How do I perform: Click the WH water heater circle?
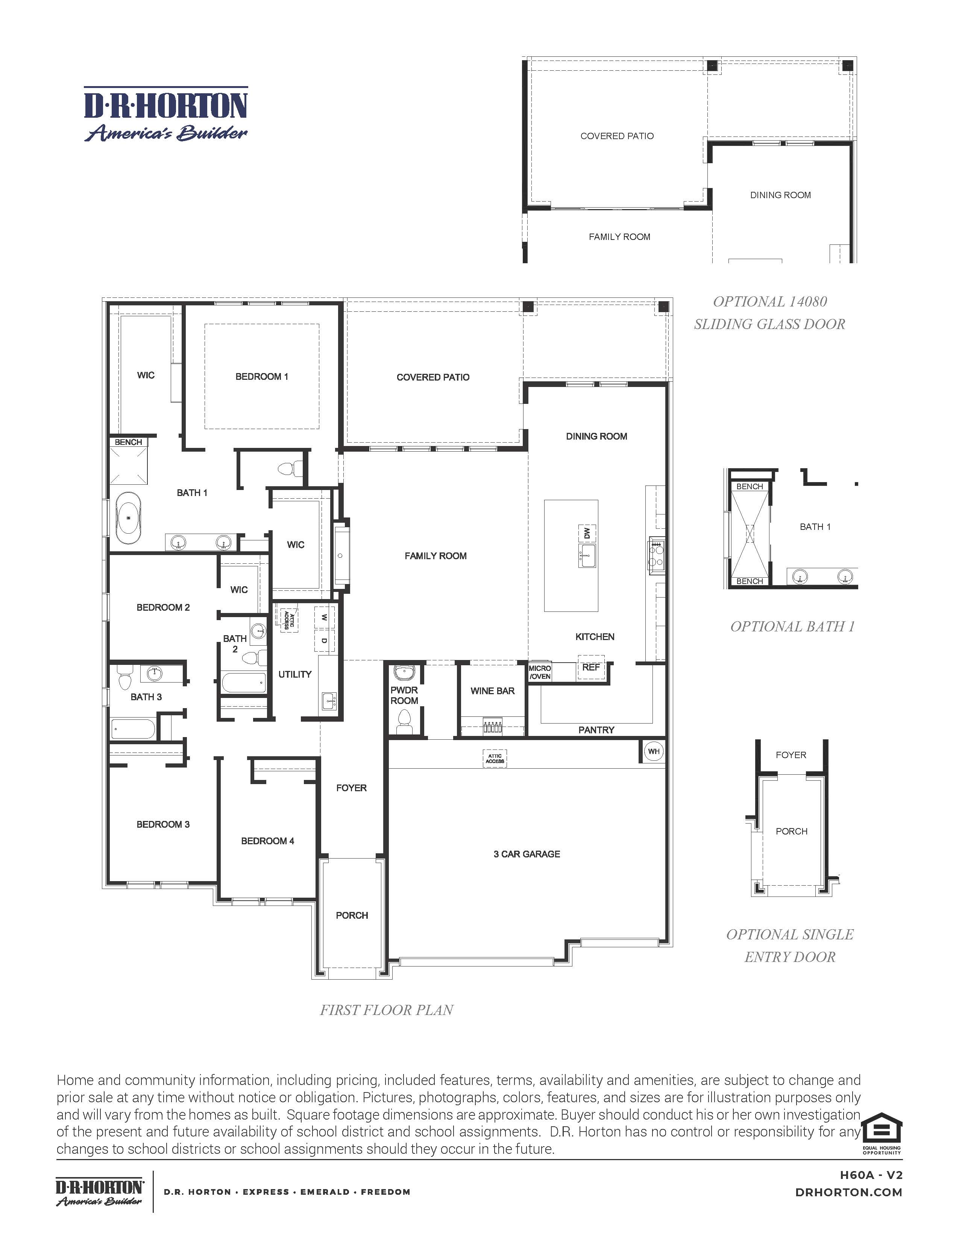click(x=654, y=751)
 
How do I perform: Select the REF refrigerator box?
click(x=591, y=667)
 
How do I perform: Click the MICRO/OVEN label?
click(x=540, y=672)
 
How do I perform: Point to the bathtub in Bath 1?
click(x=129, y=518)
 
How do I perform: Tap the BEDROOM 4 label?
click(x=268, y=841)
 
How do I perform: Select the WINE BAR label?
click(x=493, y=691)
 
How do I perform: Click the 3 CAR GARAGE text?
click(x=527, y=854)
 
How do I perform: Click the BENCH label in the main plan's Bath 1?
click(x=128, y=442)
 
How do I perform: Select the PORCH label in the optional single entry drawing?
click(x=791, y=831)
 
